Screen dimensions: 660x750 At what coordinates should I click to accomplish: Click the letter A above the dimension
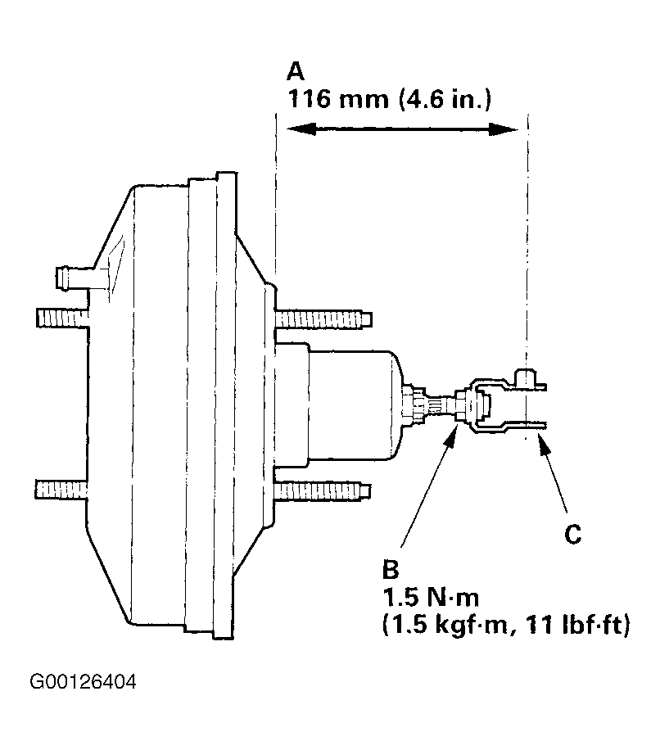coord(296,72)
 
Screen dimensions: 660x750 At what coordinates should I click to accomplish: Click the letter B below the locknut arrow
coord(391,570)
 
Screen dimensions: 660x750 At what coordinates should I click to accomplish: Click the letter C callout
coord(572,535)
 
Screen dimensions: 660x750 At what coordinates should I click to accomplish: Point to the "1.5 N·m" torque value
coord(431,598)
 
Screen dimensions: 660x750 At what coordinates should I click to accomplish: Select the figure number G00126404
coord(83,681)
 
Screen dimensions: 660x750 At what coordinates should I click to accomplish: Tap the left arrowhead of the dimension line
coord(301,129)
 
